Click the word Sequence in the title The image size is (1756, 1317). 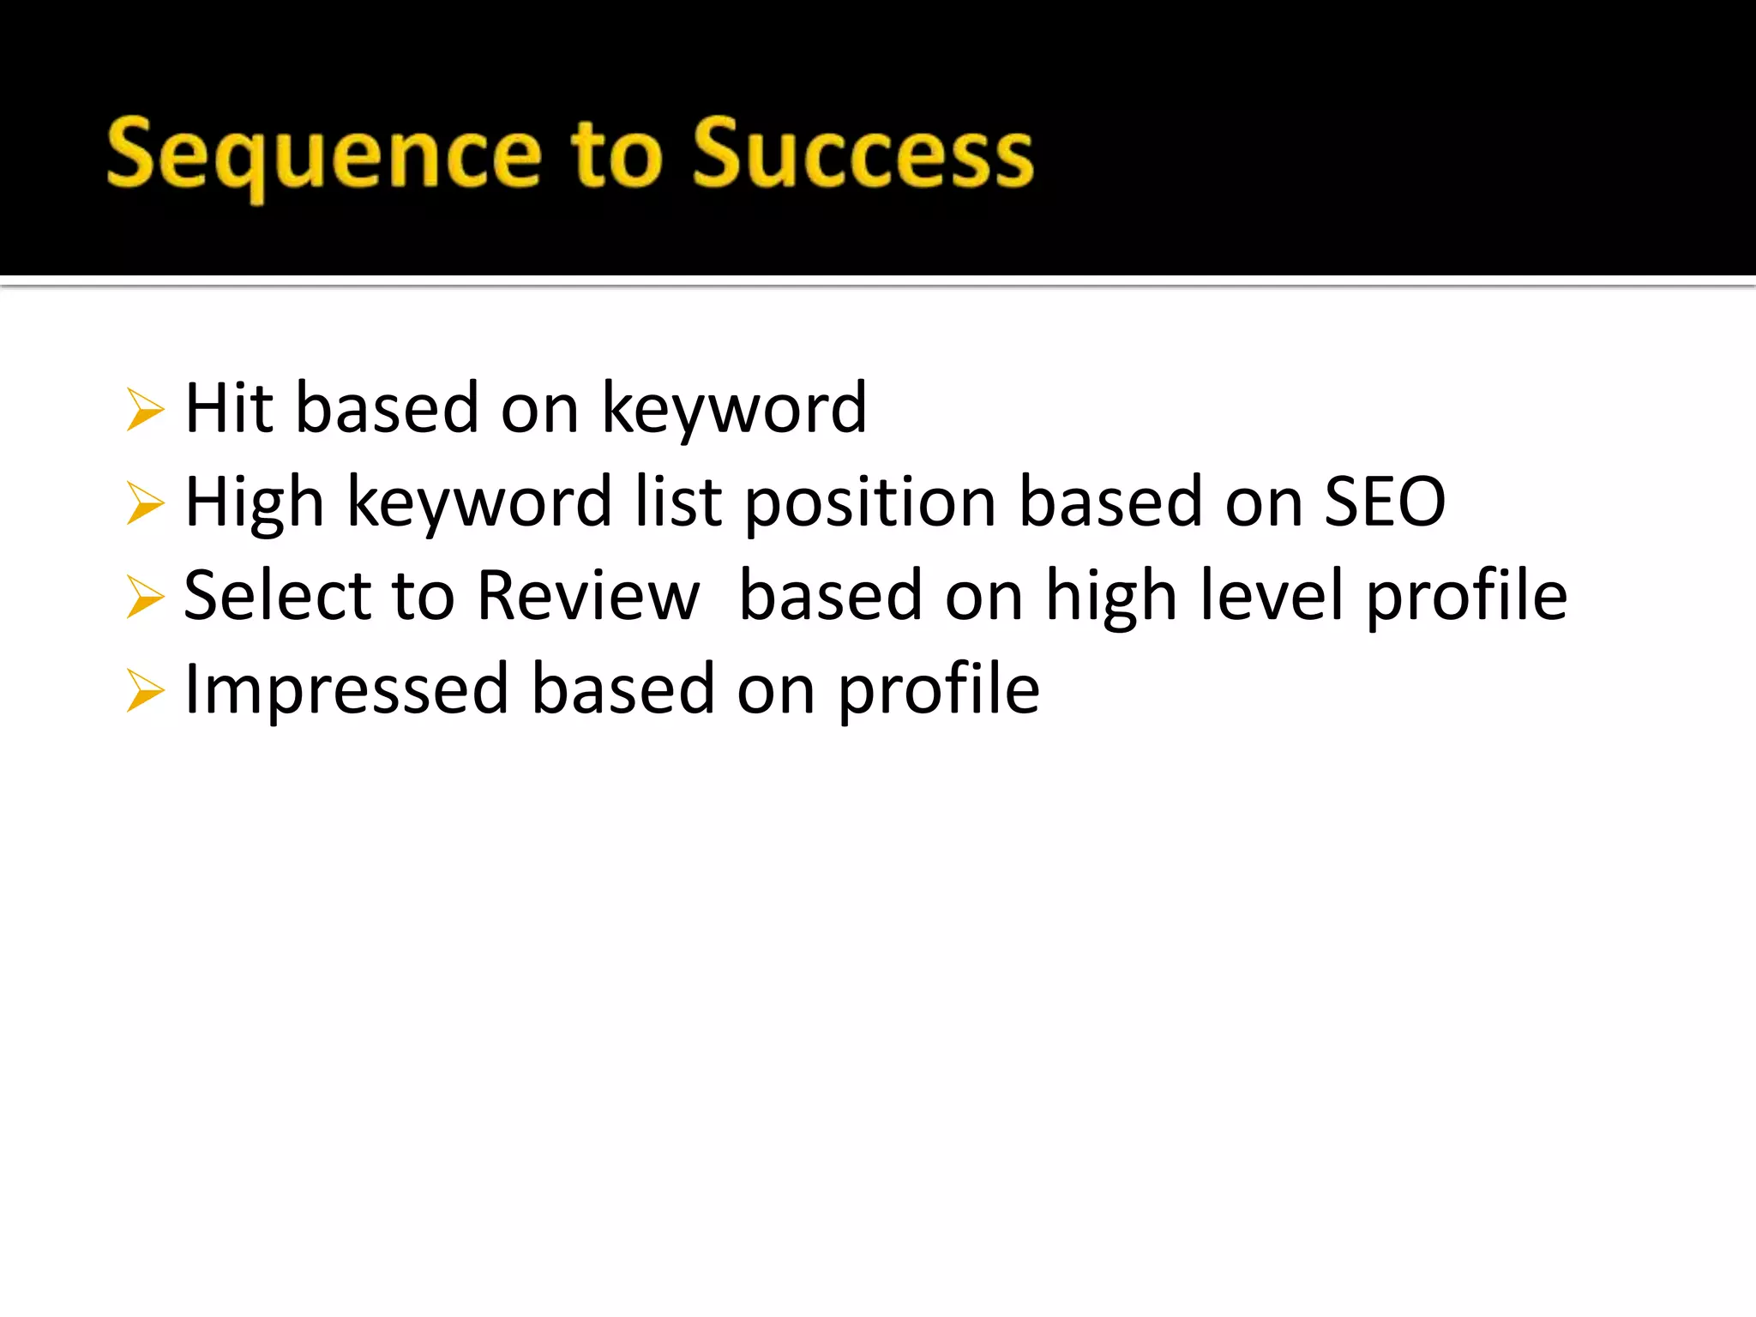point(324,154)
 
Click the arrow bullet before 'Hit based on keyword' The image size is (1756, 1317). point(144,409)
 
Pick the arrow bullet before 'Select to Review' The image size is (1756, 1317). point(144,597)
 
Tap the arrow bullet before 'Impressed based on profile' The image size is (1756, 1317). point(144,690)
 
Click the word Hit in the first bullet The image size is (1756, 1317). point(228,408)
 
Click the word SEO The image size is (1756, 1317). point(1385,502)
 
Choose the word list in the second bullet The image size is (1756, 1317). point(678,502)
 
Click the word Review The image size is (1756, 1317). point(588,596)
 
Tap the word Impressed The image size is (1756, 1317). point(346,690)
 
